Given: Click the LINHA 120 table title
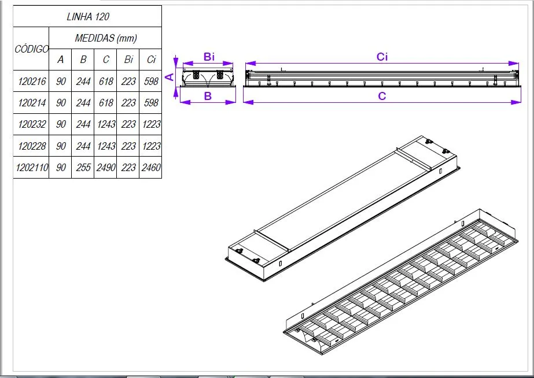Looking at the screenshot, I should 88,17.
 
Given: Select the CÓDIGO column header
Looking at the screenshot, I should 31,49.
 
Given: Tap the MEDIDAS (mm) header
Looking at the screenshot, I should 105,39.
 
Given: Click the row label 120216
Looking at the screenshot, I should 31,81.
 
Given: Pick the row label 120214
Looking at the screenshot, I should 31,103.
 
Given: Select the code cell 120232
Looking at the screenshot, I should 31,124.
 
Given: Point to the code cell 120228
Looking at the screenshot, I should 31,146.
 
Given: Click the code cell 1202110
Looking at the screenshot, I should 31,168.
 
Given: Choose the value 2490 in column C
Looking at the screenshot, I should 105,168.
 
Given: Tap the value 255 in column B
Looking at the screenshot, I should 83,168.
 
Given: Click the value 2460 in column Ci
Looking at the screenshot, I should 150,168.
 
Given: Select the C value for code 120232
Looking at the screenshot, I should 105,124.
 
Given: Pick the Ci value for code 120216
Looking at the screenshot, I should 150,81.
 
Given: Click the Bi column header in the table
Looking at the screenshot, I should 128,60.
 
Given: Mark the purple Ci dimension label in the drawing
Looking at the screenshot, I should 382,57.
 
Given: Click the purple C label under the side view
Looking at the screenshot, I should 382,96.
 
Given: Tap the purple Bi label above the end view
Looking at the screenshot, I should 209,57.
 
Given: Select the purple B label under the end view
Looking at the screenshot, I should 208,96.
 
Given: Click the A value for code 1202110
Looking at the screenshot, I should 61,168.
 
